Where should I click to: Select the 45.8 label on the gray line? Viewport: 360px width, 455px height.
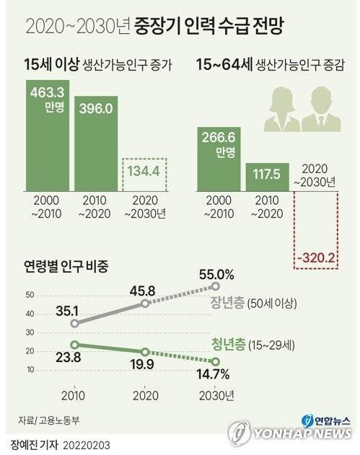click(144, 291)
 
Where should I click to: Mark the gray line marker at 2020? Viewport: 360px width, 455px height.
click(144, 304)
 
